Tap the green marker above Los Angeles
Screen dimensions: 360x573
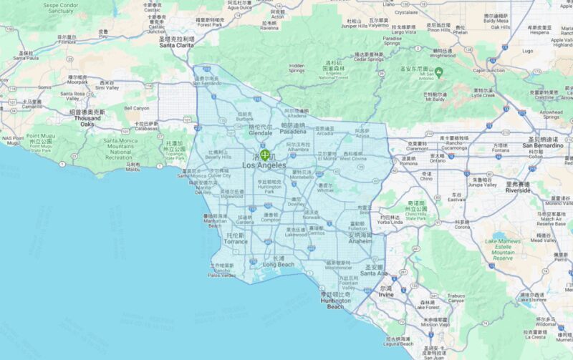coord(265,154)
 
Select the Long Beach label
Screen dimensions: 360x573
coord(278,265)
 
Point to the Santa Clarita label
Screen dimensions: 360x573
coord(177,44)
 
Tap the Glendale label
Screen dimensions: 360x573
coord(260,133)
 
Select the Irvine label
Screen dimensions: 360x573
coord(386,294)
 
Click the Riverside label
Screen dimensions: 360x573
coord(518,190)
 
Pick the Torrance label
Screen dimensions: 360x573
coord(236,241)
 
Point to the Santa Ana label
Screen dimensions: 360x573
coord(373,273)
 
